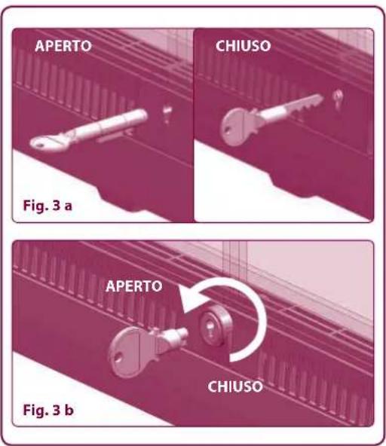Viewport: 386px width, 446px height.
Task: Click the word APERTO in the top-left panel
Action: tap(64, 47)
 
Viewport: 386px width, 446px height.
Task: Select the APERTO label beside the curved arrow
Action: tap(135, 287)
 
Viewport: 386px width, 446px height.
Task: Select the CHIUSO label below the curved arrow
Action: tap(234, 387)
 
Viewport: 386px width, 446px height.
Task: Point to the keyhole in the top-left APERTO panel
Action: tap(167, 114)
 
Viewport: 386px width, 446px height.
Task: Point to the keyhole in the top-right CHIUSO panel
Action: tap(337, 98)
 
